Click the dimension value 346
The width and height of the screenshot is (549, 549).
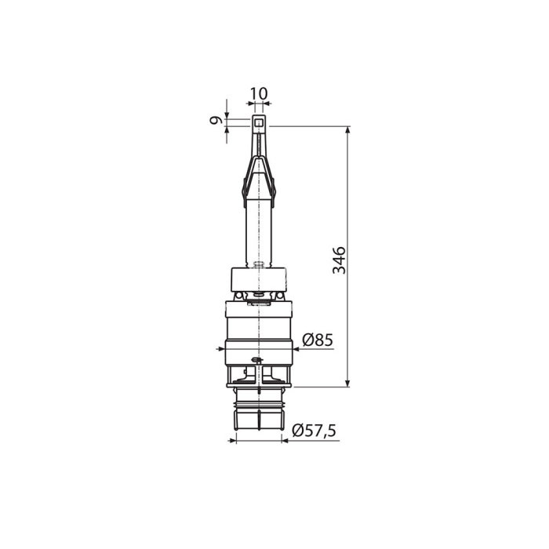pos(340,260)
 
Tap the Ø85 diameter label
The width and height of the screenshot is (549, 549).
pos(318,340)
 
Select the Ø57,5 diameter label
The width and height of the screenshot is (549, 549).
pos(314,431)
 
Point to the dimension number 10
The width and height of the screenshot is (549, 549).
pos(259,94)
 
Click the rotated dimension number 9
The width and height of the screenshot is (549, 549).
pos(216,121)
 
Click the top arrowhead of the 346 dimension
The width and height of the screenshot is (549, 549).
pos(347,130)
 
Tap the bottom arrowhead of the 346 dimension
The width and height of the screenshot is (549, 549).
pos(347,383)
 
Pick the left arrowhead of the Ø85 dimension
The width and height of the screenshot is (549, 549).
pos(221,349)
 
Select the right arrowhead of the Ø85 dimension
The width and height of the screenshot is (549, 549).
pos(296,349)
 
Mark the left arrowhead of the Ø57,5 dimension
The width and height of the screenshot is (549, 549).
pos(233,441)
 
